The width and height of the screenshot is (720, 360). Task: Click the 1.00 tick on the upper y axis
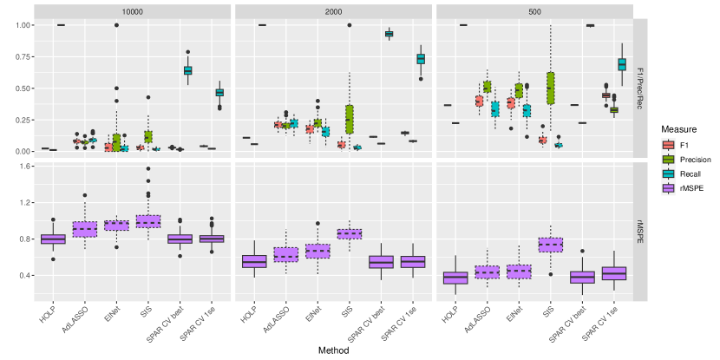pyautogui.click(x=20, y=25)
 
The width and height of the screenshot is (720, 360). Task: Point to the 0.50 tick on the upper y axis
pyautogui.click(x=20, y=88)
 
